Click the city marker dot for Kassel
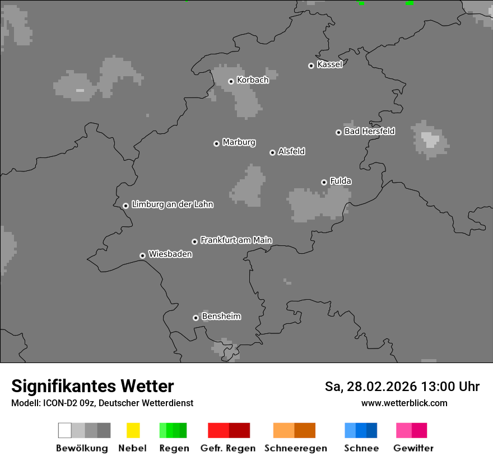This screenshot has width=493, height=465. tap(311, 66)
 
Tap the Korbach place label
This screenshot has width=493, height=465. tap(253, 80)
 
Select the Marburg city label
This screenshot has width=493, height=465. tap(239, 142)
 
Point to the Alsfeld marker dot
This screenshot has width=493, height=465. tap(272, 152)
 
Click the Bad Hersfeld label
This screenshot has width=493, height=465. tap(369, 131)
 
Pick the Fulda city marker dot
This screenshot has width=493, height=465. tap(324, 182)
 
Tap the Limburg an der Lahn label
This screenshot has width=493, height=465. tap(172, 204)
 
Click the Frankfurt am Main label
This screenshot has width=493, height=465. tap(236, 240)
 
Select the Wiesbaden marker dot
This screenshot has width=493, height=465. tap(142, 255)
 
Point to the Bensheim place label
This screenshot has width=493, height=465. tap(221, 317)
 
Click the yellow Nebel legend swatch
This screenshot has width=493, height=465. tap(133, 430)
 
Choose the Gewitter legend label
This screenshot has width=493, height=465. tap(413, 448)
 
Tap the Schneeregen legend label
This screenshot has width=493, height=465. tap(295, 448)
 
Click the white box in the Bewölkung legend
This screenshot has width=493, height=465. tap(65, 430)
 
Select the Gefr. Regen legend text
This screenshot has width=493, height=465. tap(228, 448)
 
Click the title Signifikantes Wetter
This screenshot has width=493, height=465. tap(92, 386)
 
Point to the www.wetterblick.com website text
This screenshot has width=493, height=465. tap(404, 403)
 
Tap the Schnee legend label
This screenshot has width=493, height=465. tap(361, 448)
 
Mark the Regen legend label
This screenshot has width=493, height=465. tap(174, 448)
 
